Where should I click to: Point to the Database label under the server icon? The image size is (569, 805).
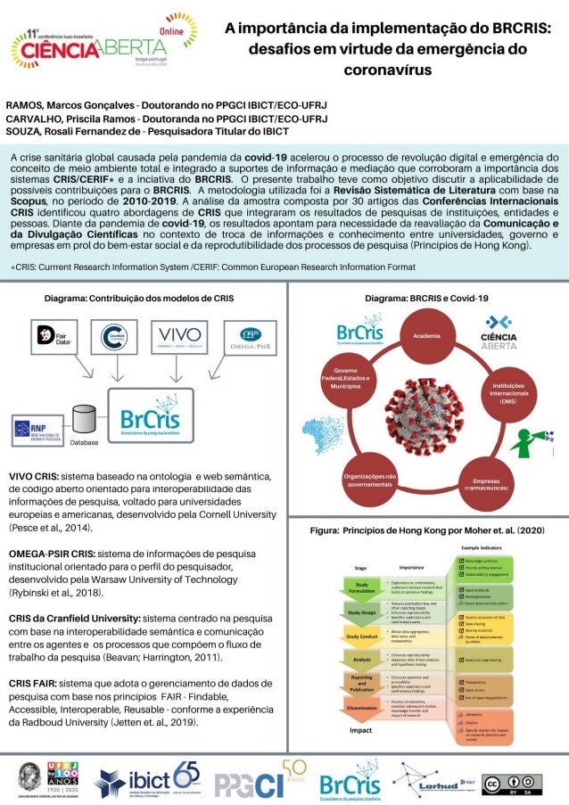(84, 441)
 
